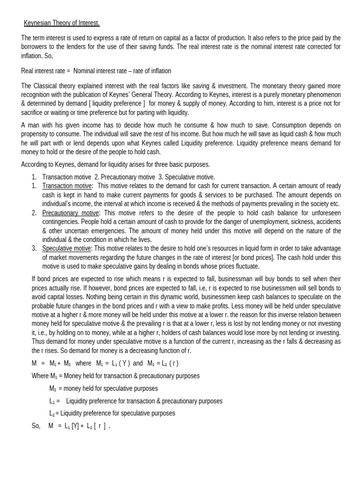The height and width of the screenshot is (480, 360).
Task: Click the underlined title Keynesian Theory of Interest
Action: (x=62, y=22)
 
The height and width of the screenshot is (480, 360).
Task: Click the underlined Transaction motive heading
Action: (x=67, y=186)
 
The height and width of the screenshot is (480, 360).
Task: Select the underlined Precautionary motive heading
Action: (x=71, y=212)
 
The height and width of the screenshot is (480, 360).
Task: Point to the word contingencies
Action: (x=60, y=221)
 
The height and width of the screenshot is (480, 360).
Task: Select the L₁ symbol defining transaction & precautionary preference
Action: (x=52, y=401)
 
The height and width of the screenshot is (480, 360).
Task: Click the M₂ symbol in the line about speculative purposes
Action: (x=53, y=389)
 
